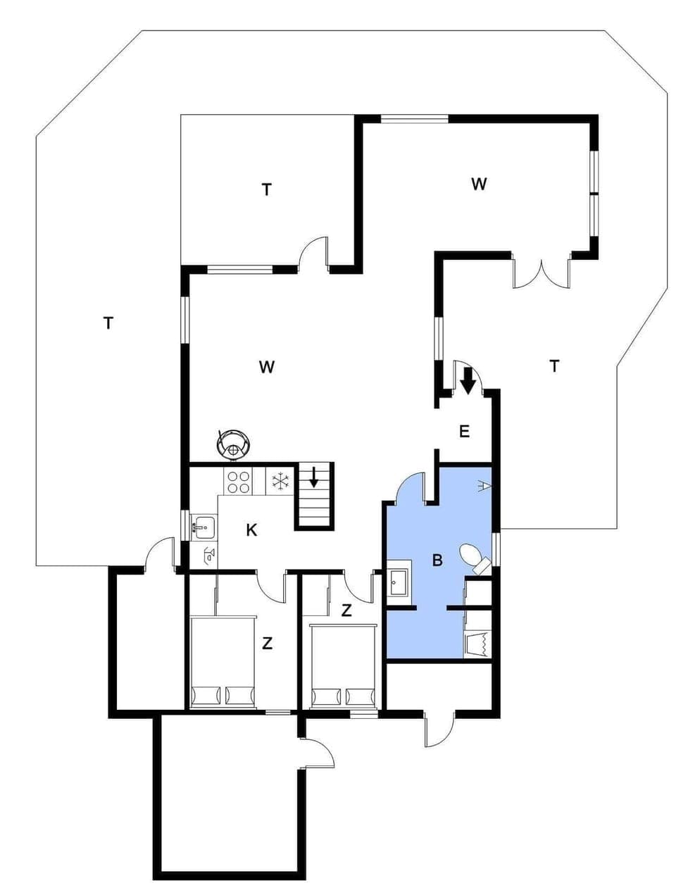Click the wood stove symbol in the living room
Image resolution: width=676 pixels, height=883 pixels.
234,443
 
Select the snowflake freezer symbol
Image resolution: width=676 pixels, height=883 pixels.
281,482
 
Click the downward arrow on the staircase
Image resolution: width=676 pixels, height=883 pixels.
314,477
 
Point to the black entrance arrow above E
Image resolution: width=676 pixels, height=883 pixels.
468,383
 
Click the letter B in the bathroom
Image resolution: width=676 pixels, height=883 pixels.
437,561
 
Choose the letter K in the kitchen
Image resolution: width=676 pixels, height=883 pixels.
251,530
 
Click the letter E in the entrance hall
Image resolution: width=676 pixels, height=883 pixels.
464,432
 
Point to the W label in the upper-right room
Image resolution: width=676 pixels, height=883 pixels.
479,184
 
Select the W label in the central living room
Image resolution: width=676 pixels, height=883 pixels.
266,366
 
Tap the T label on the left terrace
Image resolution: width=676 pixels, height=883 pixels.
108,323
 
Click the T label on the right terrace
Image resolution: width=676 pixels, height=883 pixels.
554,365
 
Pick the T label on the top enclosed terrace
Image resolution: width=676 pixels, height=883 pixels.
266,189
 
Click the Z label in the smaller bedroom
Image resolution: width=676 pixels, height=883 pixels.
346,610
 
